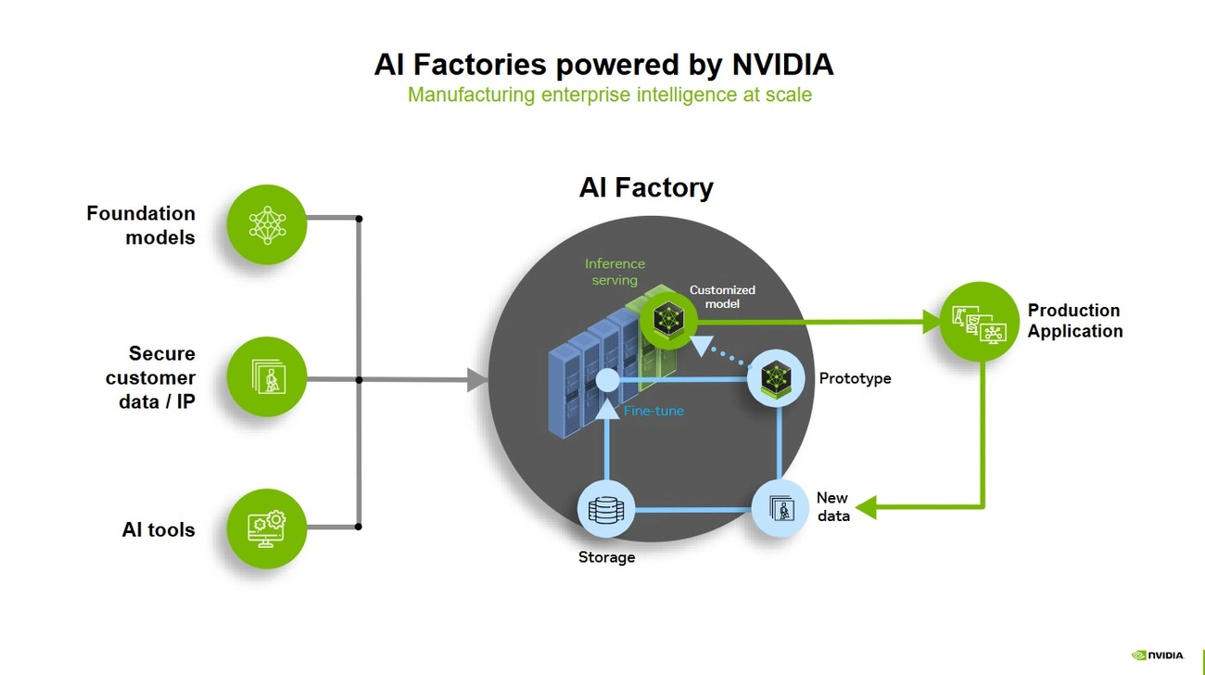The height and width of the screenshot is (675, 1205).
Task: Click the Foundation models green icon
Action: coord(266,224)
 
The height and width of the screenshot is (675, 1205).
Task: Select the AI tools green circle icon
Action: coord(266,529)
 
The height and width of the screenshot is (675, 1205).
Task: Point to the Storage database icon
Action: coord(606,509)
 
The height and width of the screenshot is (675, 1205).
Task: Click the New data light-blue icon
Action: coord(780,507)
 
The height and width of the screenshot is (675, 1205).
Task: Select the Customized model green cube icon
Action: coord(666,319)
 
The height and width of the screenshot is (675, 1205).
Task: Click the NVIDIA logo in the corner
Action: coord(1158,655)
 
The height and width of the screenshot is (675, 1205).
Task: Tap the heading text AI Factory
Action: coord(646,187)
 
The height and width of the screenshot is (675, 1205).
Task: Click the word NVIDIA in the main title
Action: coord(782,65)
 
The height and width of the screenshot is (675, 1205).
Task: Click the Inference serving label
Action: coord(615,272)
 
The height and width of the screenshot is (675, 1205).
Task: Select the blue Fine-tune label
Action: coord(653,410)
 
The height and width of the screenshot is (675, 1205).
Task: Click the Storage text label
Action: coord(606,557)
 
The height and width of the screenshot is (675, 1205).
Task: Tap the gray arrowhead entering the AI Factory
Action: coord(477,379)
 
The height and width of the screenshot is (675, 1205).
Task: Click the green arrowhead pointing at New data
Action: coord(866,507)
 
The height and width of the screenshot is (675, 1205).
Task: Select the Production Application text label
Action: coord(1074,321)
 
